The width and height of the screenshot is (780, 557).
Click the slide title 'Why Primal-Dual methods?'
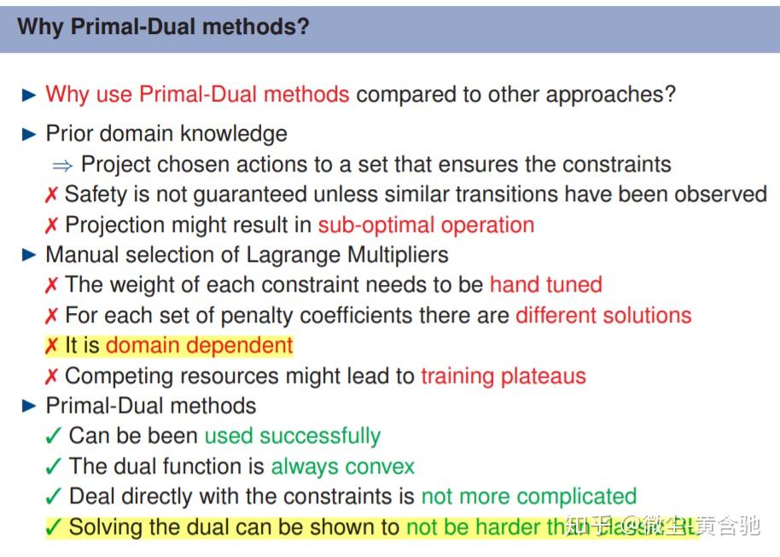163,26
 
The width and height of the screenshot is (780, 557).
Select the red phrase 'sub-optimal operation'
426,225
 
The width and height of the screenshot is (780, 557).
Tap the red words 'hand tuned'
545,284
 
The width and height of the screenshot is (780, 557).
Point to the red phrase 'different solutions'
602,315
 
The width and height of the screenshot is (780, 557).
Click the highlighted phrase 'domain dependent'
199,345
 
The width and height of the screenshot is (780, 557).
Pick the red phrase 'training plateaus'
503,375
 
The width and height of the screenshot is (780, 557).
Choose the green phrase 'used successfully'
292,436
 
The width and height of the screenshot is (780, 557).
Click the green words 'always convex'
342,467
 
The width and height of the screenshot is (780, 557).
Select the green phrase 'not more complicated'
528,496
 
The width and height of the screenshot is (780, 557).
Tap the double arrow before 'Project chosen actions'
62,165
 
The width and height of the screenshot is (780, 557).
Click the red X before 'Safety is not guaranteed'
51,195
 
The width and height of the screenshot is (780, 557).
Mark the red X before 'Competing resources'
51,376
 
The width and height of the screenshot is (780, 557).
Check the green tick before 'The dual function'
53,467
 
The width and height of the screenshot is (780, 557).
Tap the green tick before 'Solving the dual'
53,528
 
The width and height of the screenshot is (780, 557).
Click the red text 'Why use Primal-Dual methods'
197,94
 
